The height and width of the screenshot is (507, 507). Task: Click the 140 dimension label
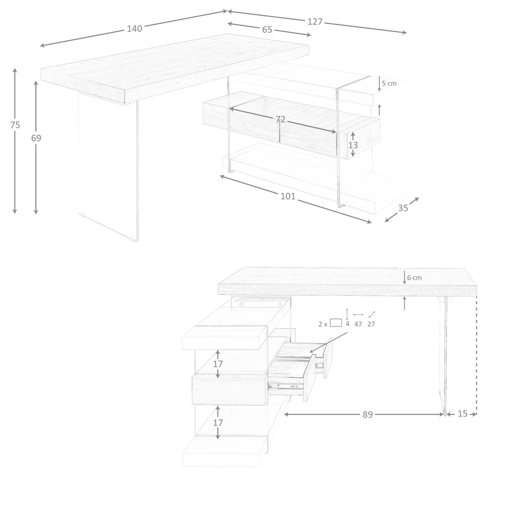[x=135, y=28]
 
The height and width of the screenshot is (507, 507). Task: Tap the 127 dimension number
[x=315, y=22]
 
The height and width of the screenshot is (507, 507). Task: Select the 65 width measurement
[x=267, y=29]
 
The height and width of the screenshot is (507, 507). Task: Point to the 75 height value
[x=15, y=125]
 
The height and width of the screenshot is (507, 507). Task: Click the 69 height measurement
[x=36, y=138]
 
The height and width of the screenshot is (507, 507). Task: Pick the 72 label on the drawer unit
[x=280, y=120]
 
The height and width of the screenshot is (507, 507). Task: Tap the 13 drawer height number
[x=353, y=145]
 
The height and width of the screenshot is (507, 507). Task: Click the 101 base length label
[x=288, y=196]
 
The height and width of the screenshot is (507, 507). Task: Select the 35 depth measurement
[x=403, y=208]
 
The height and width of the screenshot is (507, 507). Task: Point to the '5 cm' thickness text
[x=389, y=83]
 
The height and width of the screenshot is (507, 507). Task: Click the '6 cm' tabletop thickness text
[x=414, y=278]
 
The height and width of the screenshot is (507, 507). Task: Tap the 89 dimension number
[x=368, y=414]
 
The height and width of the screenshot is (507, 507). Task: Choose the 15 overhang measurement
[x=463, y=413]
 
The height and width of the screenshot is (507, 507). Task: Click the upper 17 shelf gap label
[x=218, y=364]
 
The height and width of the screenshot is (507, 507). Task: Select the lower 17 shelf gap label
[x=218, y=423]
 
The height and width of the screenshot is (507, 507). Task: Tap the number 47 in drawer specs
[x=358, y=324]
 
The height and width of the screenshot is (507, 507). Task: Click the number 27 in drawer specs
[x=371, y=324]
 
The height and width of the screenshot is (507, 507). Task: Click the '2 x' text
[x=322, y=324]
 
